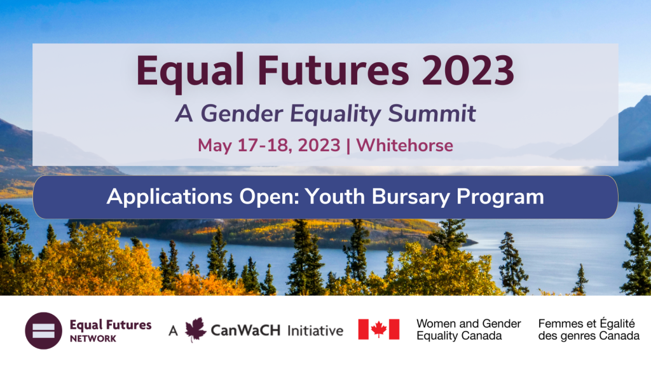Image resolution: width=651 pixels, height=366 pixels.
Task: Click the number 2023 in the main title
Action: click(x=468, y=70)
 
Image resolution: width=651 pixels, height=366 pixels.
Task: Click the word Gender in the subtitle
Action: click(x=242, y=114)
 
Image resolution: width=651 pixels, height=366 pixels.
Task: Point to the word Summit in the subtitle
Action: click(x=432, y=113)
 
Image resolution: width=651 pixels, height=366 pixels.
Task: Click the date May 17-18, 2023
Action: click(x=269, y=146)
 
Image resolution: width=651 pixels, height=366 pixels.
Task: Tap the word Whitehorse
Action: click(x=405, y=146)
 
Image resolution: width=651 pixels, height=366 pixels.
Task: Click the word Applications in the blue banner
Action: click(x=169, y=197)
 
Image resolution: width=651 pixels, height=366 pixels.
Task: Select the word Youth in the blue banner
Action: click(x=335, y=196)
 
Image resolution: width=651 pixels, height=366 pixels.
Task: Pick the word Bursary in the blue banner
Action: click(x=411, y=197)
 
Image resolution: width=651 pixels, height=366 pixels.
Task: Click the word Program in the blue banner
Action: click(x=500, y=197)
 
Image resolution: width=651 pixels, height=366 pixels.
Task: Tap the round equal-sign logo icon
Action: click(x=44, y=330)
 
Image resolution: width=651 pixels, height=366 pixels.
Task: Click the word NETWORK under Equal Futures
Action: click(x=93, y=339)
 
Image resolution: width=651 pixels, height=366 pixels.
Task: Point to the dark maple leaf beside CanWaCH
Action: click(x=195, y=330)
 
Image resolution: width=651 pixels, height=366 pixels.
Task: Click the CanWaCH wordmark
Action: click(x=246, y=330)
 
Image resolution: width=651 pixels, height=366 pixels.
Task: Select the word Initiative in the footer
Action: click(x=315, y=330)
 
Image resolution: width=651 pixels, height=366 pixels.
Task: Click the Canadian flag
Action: click(x=379, y=330)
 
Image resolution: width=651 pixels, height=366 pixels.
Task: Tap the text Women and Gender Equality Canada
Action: click(x=469, y=330)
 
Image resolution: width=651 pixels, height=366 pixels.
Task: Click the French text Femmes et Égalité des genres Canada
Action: click(x=589, y=330)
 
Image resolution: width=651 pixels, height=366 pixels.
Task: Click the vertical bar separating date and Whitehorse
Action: click(x=348, y=146)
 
